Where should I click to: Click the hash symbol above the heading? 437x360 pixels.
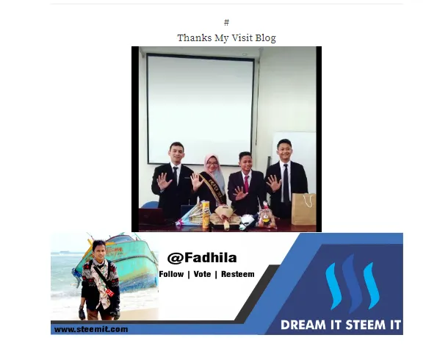[x=227, y=22]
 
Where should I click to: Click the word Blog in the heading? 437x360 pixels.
[x=266, y=38]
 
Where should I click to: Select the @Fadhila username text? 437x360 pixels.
[x=202, y=258]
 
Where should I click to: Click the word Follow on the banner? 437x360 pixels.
[x=171, y=274]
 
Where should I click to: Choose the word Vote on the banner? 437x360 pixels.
[x=202, y=274]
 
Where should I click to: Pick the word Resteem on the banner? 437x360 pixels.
[x=238, y=274]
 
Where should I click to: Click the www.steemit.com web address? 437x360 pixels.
[x=91, y=329]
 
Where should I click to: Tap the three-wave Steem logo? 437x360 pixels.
[x=353, y=283]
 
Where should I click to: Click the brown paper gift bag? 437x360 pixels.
[x=304, y=209]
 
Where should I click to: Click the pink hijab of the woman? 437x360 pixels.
[x=214, y=170]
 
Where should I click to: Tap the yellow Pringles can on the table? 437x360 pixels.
[x=206, y=214]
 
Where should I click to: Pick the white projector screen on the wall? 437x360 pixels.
[x=200, y=109]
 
